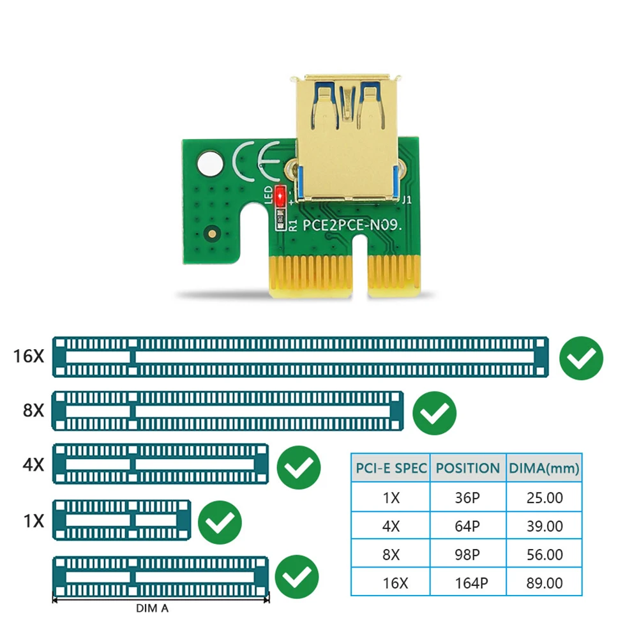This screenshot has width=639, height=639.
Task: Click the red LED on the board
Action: point(279,195)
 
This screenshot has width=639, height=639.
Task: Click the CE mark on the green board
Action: point(257,161)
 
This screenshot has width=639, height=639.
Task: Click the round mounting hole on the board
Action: point(210,162)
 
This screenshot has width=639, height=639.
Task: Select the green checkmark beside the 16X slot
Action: point(581,359)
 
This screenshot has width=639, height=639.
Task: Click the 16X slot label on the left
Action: point(29,356)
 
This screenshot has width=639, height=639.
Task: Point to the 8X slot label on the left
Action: point(33,410)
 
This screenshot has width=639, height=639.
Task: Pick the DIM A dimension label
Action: point(152,609)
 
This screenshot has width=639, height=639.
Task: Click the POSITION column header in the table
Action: point(467,469)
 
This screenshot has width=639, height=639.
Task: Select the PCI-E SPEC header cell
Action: point(391,469)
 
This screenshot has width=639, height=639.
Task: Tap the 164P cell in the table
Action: point(467,583)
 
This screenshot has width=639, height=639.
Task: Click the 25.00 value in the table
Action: point(544,497)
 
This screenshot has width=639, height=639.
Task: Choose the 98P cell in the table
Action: point(467,554)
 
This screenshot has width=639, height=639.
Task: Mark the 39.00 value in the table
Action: point(544,526)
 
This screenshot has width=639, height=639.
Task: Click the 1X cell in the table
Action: point(391,497)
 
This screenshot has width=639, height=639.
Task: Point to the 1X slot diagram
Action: point(122,521)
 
